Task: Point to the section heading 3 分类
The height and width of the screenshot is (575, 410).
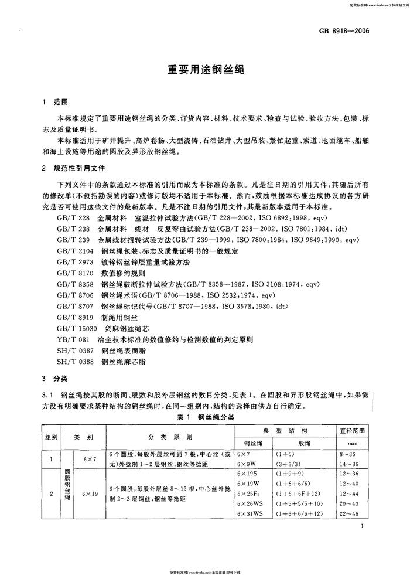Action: tap(55, 377)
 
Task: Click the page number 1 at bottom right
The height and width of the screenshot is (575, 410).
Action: tap(364, 527)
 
